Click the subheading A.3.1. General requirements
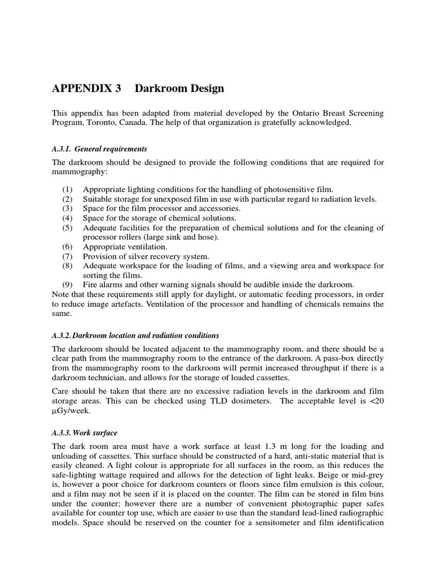(x=99, y=149)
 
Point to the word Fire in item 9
(x=91, y=284)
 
